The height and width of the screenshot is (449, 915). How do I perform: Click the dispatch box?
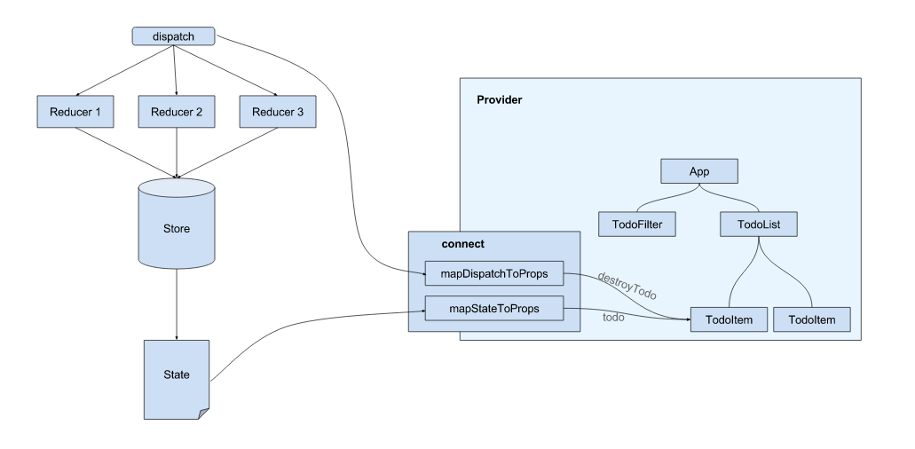pos(174,36)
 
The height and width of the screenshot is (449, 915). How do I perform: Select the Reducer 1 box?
pos(76,112)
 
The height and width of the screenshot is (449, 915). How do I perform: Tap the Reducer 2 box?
pos(177,112)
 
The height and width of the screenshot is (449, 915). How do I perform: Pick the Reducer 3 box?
pos(278,112)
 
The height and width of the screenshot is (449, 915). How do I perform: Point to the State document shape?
pos(177,375)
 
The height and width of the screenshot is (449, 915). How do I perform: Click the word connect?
pos(462,243)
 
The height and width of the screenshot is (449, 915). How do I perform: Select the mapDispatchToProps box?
pos(494,274)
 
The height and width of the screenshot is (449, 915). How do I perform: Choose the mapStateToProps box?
pos(494,309)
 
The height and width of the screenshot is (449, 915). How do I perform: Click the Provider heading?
pos(499,100)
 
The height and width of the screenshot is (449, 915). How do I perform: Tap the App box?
pos(699,172)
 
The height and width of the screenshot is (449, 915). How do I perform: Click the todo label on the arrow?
pos(613,318)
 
